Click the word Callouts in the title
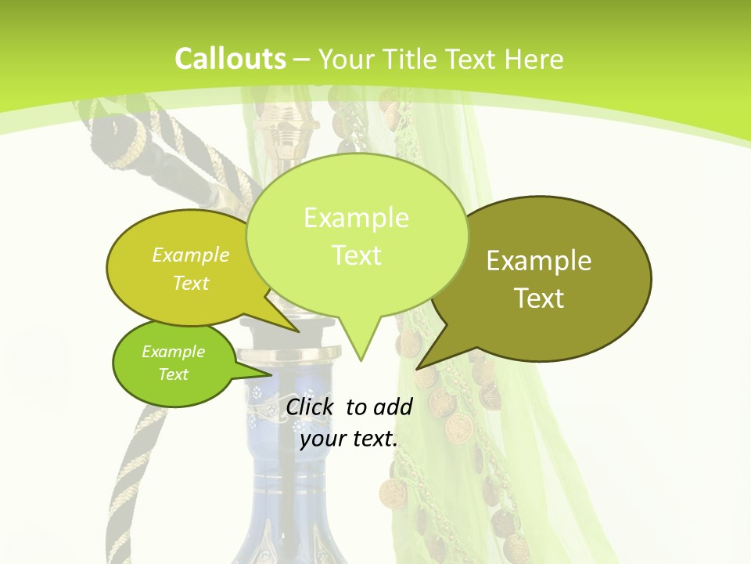[x=230, y=59]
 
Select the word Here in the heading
[x=534, y=59]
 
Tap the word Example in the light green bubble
[x=356, y=218]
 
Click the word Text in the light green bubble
[x=356, y=255]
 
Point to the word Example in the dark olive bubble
[x=539, y=261]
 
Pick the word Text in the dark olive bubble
[x=539, y=298]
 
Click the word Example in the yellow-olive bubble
[x=191, y=255]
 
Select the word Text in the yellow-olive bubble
[x=191, y=283]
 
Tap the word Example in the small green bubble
[x=173, y=352]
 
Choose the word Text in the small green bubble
[x=173, y=374]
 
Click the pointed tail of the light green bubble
[x=361, y=356]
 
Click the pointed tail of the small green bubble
[x=266, y=374]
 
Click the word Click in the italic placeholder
[x=311, y=407]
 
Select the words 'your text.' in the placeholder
[x=349, y=439]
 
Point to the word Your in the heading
[x=346, y=59]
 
